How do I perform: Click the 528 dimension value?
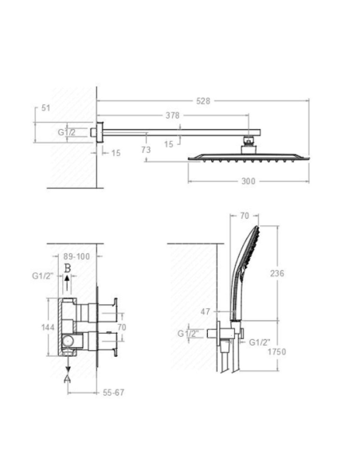[x=203, y=101]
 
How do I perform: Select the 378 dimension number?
[x=173, y=115]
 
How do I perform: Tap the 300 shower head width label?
[x=248, y=182]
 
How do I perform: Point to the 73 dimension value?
[x=146, y=150]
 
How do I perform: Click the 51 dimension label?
[x=45, y=108]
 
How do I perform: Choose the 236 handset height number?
[x=277, y=273]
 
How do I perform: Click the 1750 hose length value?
[x=277, y=352]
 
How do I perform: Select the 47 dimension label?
[x=205, y=311]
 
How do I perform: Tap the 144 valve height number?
[x=48, y=327]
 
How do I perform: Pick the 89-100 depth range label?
[x=76, y=256]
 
